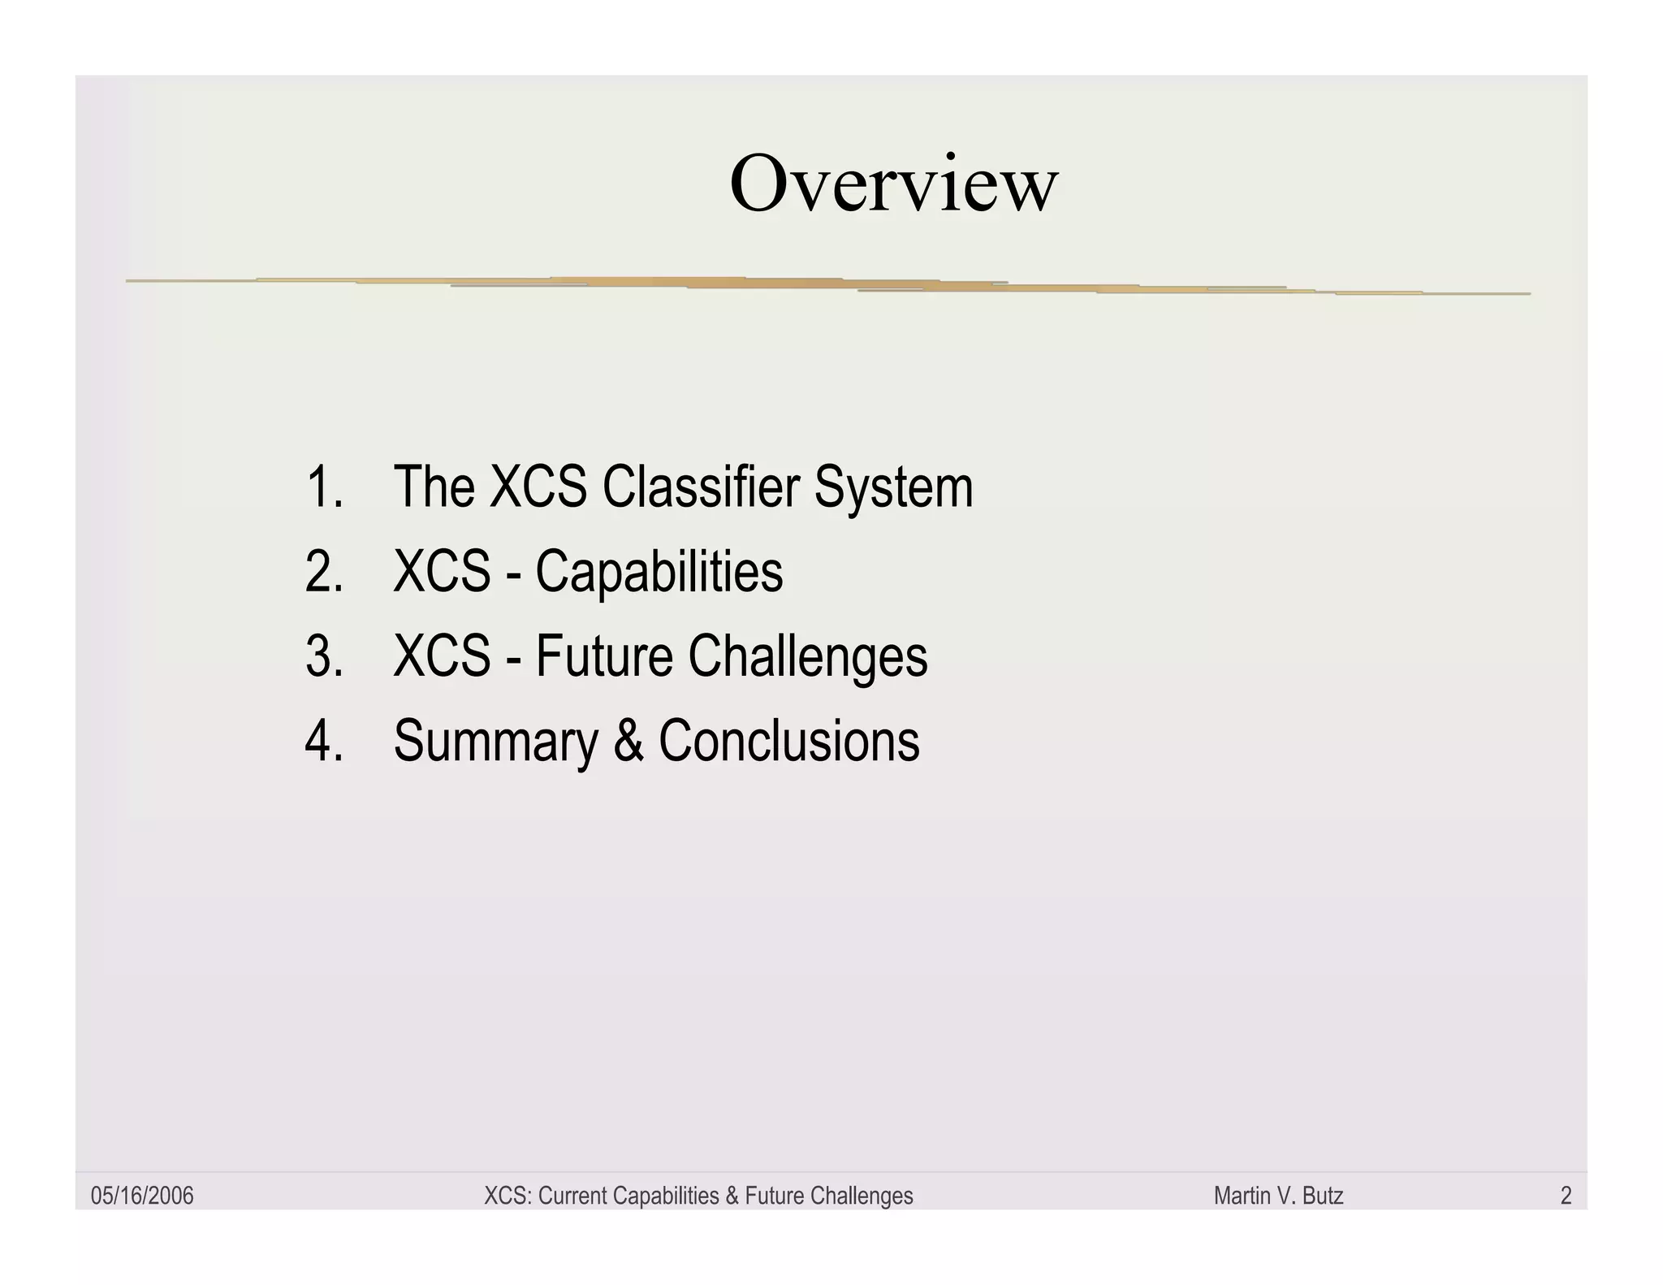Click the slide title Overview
tap(893, 184)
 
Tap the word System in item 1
tap(893, 487)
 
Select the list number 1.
tap(323, 487)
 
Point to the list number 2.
tap(323, 572)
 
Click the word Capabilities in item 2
tap(659, 572)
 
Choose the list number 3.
tap(323, 656)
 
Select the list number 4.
tap(323, 741)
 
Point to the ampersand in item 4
tap(628, 741)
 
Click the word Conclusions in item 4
tap(788, 741)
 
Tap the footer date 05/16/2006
tap(142, 1196)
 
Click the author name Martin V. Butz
tap(1278, 1196)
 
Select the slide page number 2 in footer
tap(1566, 1196)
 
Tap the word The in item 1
tap(434, 487)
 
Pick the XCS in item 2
tap(442, 572)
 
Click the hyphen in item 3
tap(513, 658)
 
